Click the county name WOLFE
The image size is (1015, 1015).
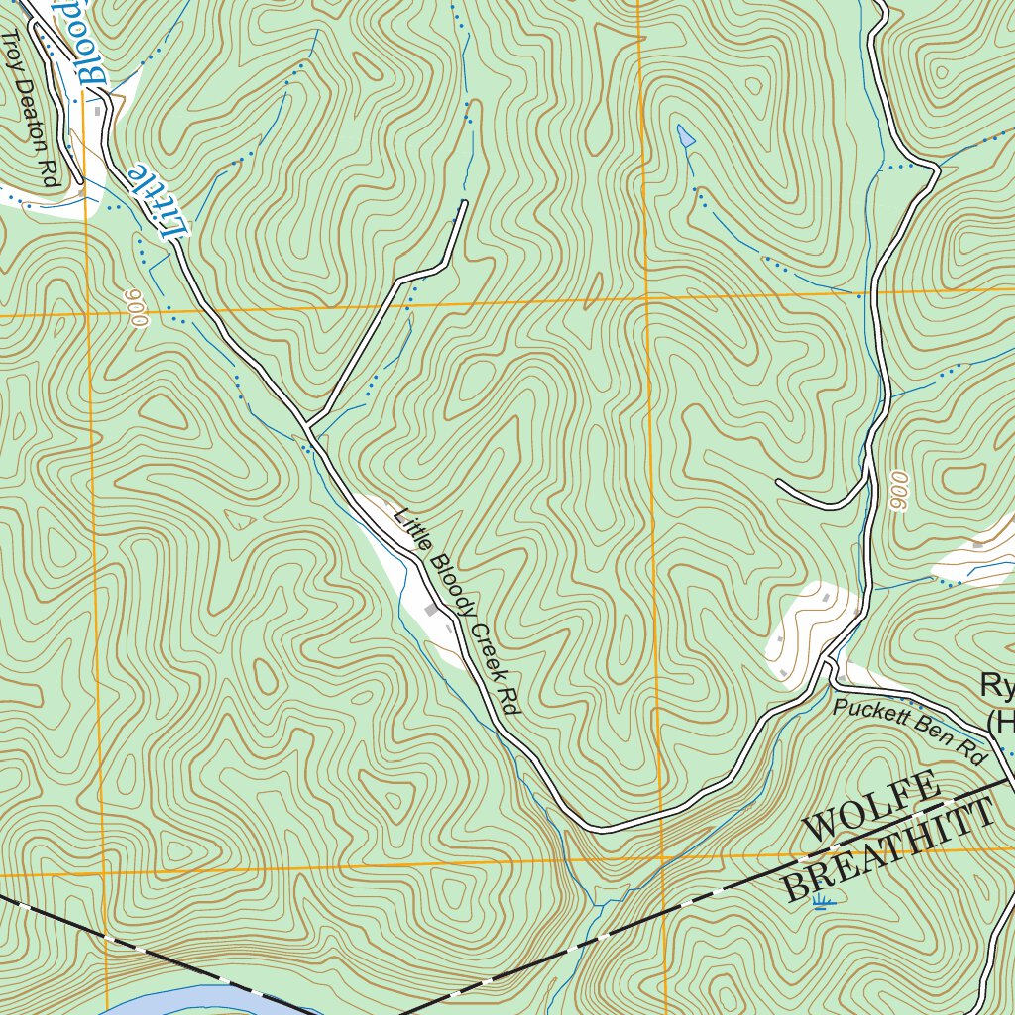(x=870, y=806)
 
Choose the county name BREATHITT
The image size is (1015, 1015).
(x=888, y=851)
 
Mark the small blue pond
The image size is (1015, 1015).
(x=685, y=135)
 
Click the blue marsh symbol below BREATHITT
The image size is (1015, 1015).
(x=821, y=901)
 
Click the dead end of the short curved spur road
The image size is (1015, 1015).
(x=779, y=484)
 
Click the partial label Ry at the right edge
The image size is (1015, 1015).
(x=995, y=685)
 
